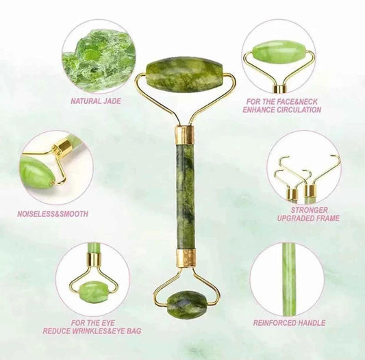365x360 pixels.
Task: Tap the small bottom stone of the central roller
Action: [187, 303]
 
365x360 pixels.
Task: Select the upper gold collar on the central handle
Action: [185, 134]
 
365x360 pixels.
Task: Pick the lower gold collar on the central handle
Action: [186, 258]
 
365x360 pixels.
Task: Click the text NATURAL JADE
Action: [96, 101]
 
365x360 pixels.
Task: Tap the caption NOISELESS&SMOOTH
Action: [53, 214]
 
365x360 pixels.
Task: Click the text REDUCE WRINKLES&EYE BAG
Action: [92, 331]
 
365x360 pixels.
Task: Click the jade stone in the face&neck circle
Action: [278, 51]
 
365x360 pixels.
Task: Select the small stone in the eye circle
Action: [94, 293]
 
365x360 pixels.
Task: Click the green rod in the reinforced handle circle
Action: [290, 279]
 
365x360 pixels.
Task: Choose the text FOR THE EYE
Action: [92, 322]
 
